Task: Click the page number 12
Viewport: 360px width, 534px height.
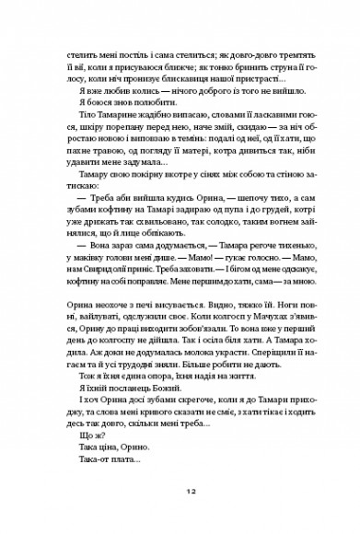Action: click(180, 492)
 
